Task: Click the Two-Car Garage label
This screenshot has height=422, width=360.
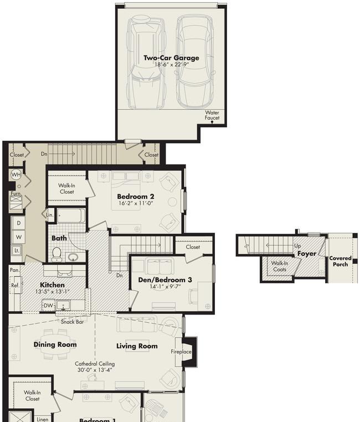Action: coord(171,58)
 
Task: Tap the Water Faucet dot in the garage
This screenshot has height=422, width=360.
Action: coord(212,122)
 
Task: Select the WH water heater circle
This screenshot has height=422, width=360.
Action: coord(16,175)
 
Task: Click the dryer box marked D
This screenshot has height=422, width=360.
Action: coord(19,223)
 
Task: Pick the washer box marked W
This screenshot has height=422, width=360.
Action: coord(19,237)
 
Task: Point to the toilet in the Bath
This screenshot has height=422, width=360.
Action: coord(56,254)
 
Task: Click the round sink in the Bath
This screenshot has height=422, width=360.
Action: coord(73,258)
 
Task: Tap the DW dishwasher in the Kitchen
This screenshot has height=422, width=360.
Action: coord(48,306)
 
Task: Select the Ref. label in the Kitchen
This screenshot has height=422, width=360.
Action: coord(15,285)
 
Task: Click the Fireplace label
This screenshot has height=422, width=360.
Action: coord(181,352)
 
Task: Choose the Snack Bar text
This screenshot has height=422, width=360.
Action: coord(72,322)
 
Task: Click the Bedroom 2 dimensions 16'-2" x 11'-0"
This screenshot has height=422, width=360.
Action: coord(136,203)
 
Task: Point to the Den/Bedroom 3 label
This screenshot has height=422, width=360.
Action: coord(165,280)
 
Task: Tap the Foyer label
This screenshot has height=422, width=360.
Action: coord(307,254)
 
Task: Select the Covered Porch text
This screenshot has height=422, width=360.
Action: coord(341,261)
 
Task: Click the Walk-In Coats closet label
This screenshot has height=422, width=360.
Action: coord(280,266)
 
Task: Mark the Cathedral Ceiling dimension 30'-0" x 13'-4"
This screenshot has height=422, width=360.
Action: coord(95,370)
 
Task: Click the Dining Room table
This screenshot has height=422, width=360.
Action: coord(55,344)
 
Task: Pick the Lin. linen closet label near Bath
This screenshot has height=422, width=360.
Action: coord(50,215)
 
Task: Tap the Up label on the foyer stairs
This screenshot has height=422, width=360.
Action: coord(297,246)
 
